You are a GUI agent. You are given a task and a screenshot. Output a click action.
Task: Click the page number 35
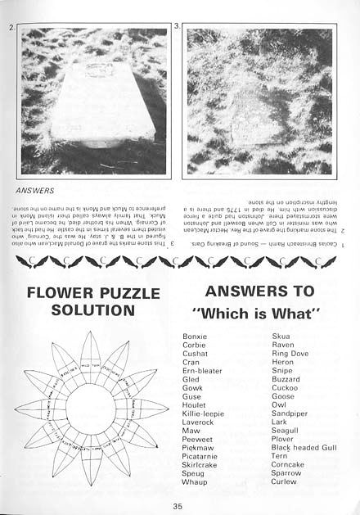[177, 505]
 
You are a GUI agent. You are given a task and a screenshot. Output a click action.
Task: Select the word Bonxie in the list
[195, 337]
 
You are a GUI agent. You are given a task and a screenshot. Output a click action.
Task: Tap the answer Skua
[281, 337]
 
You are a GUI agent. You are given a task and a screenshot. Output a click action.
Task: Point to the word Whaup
[194, 482]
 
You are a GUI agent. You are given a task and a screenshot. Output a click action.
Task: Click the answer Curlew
[284, 482]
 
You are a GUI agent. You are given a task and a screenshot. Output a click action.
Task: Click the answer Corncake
[287, 464]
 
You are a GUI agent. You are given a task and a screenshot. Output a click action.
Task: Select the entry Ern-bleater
[202, 371]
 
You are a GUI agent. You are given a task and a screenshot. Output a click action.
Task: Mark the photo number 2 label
[9, 28]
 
